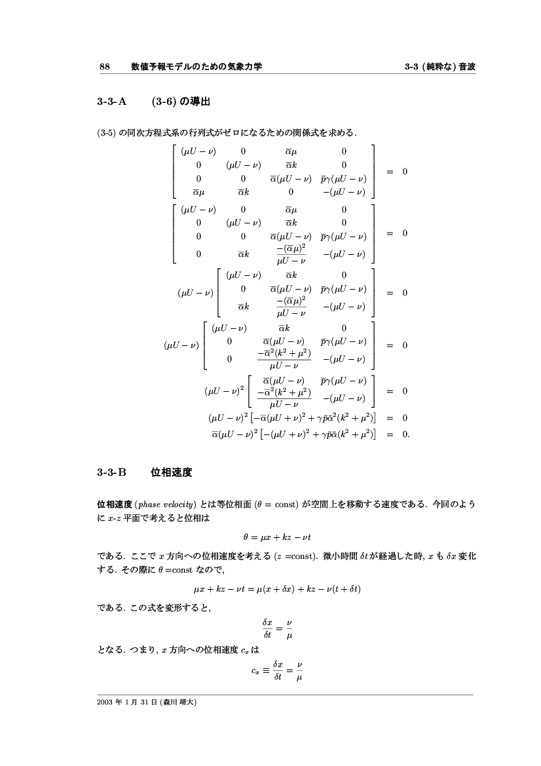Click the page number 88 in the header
[x=103, y=67]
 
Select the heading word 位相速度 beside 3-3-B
[x=171, y=471]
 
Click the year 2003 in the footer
[x=104, y=702]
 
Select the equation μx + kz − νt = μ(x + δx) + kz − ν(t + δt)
[x=278, y=588]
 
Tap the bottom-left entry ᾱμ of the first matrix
[x=198, y=192]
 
